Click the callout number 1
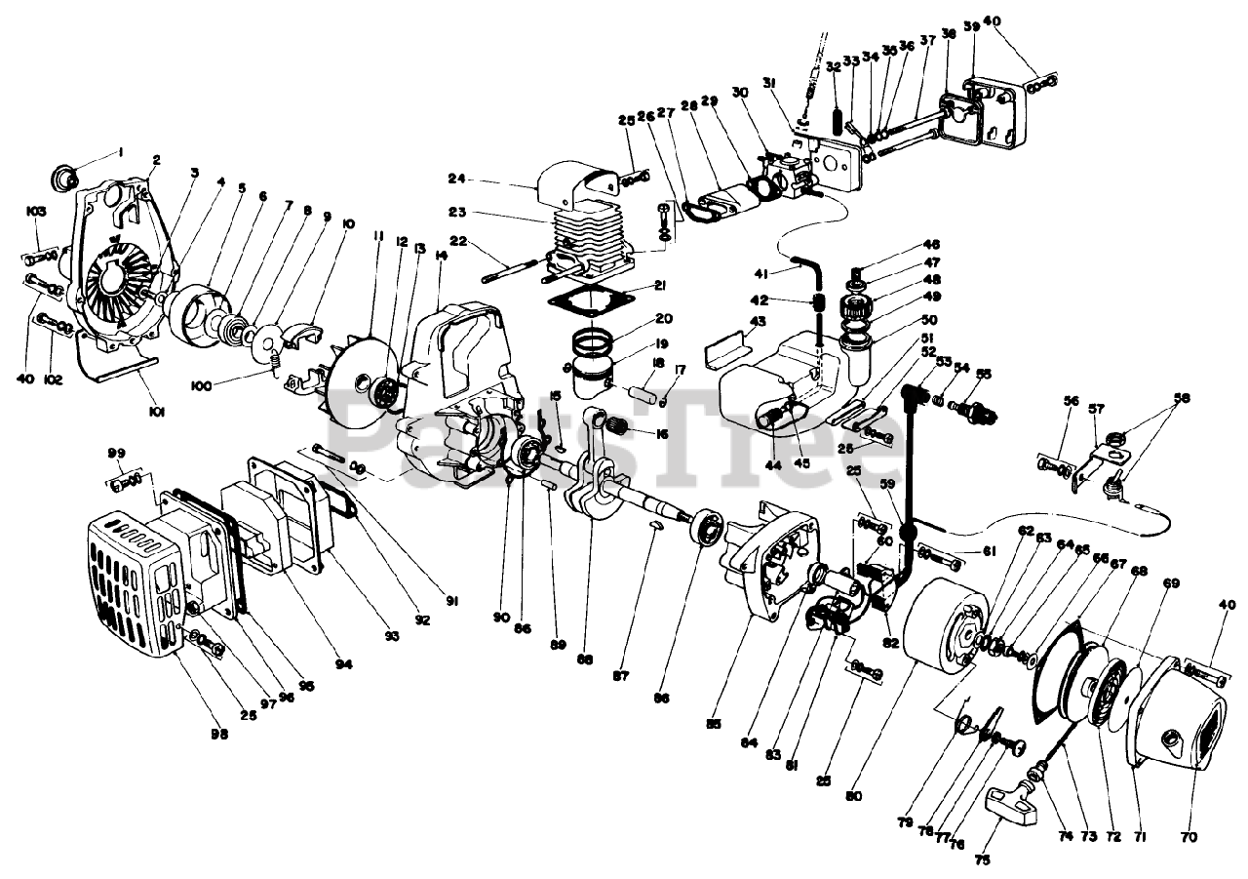click(121, 151)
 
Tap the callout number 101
click(157, 411)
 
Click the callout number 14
click(442, 256)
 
